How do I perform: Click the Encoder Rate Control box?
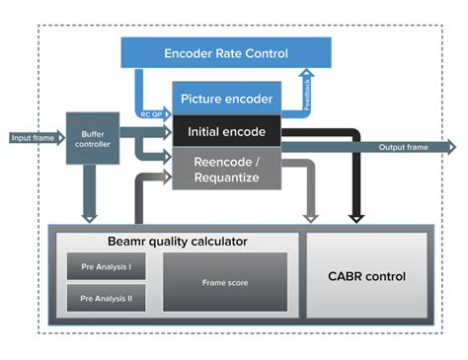coord(227,53)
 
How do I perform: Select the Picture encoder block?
coord(227,99)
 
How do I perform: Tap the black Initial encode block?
coord(227,131)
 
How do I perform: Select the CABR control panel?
coord(366,276)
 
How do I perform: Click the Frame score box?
coord(224,281)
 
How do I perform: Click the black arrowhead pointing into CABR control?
coord(356,214)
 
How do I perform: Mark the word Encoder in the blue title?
coord(193,53)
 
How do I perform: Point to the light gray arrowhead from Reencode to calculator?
coord(313,214)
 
